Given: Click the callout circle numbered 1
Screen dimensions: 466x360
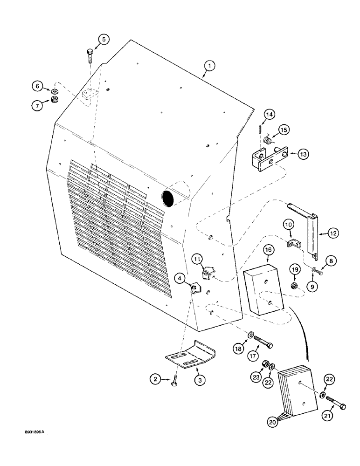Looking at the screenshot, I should tap(209, 67).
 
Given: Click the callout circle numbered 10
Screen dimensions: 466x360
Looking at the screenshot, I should tap(288, 225).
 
